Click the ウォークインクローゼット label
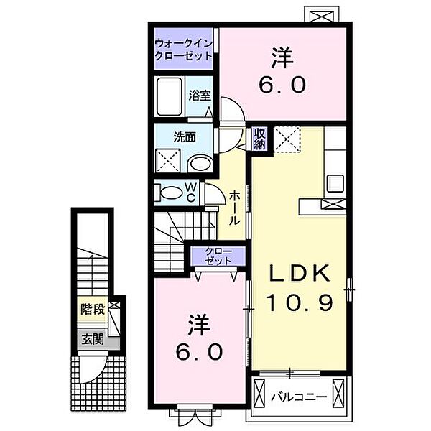coord(184,50)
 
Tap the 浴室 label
coord(200,96)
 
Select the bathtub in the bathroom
coord(170,96)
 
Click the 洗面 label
coord(185,137)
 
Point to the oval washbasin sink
coord(200,164)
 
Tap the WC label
coord(191,192)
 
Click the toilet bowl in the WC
coord(170,192)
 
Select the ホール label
coord(235,208)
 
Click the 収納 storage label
coord(259,139)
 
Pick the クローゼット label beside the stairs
coord(218,256)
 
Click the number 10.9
coord(300,302)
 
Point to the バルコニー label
coord(300,397)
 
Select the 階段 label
coord(93,310)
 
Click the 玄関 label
coord(93,340)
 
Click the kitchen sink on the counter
coord(335,183)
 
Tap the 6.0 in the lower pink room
coord(199,352)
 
